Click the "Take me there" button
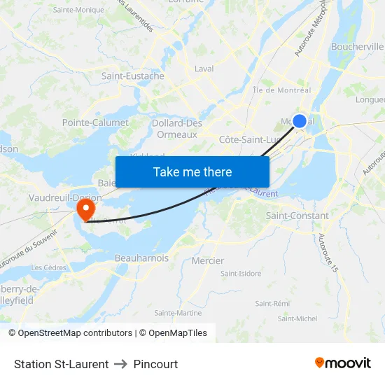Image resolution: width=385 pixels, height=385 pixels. point(192,171)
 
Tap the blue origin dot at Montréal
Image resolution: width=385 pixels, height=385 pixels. point(299,121)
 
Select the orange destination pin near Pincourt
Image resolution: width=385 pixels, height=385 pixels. point(85,209)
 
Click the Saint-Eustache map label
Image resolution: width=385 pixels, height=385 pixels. point(133,76)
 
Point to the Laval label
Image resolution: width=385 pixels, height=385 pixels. point(204,69)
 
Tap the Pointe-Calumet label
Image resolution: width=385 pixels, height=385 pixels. point(95,122)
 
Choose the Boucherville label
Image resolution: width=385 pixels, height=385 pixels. point(357,47)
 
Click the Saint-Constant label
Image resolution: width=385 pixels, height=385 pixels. point(297,216)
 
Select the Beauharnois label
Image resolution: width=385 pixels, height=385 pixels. point(141,258)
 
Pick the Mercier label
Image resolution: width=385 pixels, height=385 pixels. point(208,261)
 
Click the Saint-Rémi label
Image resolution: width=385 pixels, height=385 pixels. point(272,303)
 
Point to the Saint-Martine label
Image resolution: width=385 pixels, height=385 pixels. point(178,313)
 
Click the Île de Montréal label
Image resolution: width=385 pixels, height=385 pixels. point(282,90)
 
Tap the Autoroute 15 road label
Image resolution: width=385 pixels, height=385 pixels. point(327,252)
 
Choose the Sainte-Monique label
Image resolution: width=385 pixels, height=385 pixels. point(78,10)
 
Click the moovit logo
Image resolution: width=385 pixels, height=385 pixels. point(343,363)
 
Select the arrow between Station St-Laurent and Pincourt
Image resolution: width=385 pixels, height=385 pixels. point(121,364)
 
